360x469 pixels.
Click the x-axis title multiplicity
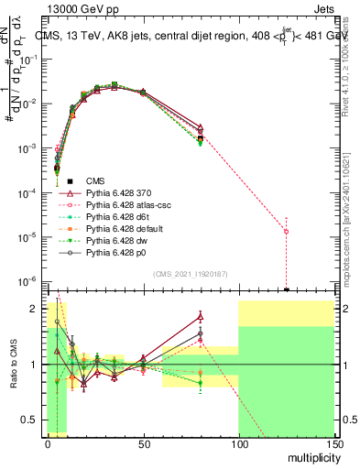pyautogui.click(x=310, y=457)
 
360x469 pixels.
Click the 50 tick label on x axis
pyautogui.click(x=143, y=443)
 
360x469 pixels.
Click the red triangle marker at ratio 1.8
pyautogui.click(x=200, y=317)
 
